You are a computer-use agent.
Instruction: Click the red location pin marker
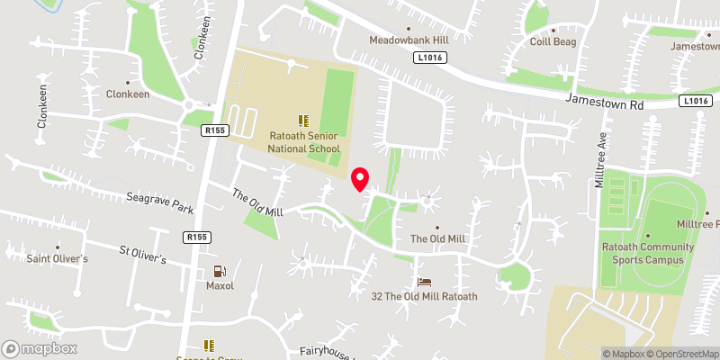(x=360, y=178)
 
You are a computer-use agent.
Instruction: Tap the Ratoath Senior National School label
(x=304, y=142)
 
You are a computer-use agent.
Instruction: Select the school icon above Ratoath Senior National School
(x=303, y=120)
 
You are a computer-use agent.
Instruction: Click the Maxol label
(x=219, y=286)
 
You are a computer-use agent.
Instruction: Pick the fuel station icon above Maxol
(x=219, y=270)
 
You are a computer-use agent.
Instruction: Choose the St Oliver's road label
(x=144, y=255)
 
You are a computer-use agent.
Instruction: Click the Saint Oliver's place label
(x=58, y=259)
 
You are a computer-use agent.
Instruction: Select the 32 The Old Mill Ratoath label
(x=425, y=296)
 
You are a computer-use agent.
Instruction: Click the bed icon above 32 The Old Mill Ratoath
(x=425, y=282)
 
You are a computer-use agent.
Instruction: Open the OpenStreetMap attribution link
(x=681, y=354)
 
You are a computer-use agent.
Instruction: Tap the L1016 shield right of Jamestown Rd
(x=696, y=101)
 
